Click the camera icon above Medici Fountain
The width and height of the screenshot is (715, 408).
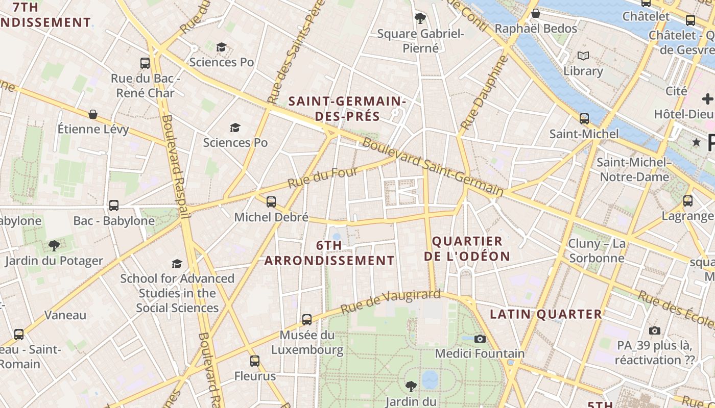coord(479,339)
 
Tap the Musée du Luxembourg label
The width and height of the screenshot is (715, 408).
coord(307,343)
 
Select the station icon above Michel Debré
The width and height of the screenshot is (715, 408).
coord(271,202)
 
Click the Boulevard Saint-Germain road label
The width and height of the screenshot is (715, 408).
coord(433,167)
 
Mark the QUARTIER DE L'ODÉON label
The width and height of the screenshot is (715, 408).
coord(467,249)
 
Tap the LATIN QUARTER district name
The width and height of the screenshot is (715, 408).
coord(546,314)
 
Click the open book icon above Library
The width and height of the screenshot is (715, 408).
coord(583,56)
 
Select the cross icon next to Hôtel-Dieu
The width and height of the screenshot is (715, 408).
coord(707,99)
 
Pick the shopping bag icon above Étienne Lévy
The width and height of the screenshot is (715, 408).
coord(93,114)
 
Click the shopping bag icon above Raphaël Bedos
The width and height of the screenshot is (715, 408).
coord(536,13)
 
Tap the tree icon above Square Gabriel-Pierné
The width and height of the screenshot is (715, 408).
coord(420,18)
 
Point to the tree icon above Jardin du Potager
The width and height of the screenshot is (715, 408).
coord(54,246)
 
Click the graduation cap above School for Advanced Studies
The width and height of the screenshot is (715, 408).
coord(177,264)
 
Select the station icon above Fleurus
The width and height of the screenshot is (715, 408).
coord(255,361)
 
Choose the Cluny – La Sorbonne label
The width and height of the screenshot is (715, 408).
coord(597,251)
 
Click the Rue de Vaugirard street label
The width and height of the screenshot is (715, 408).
coord(390,301)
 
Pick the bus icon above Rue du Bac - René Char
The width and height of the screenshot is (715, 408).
coord(145,63)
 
